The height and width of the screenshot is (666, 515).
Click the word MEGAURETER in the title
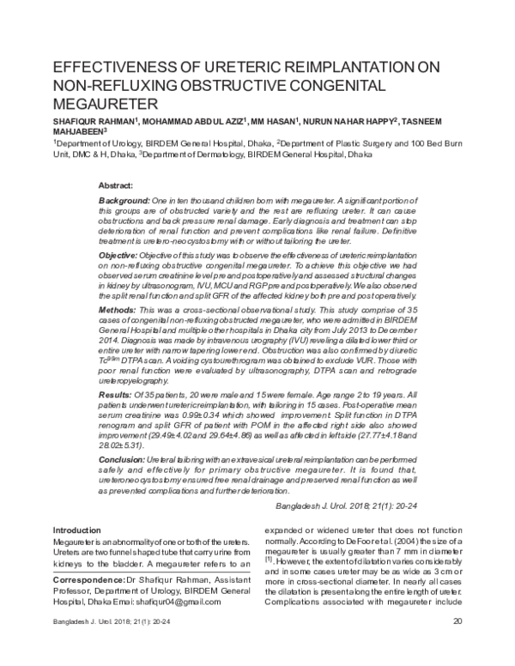(102, 103)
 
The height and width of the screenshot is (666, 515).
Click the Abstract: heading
(116, 185)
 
